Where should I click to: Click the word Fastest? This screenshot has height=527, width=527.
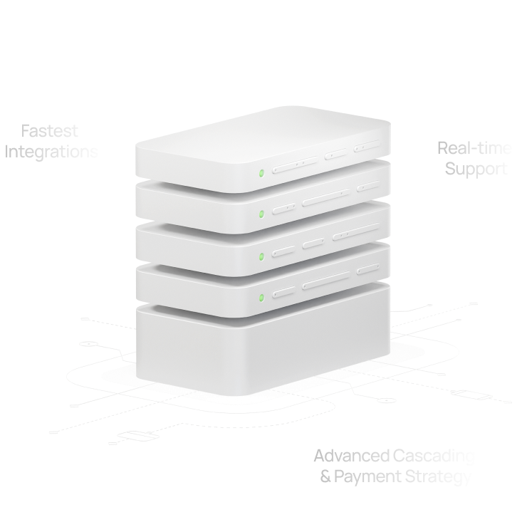49,132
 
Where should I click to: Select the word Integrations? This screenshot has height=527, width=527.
52,152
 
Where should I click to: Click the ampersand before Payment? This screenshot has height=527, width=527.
325,476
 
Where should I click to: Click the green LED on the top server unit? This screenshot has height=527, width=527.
261,172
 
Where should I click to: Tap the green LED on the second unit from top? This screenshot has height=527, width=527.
261,213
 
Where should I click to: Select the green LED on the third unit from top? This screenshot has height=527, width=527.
261,255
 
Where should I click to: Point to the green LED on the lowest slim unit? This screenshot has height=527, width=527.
261,297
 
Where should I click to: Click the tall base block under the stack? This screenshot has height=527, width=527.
263,353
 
